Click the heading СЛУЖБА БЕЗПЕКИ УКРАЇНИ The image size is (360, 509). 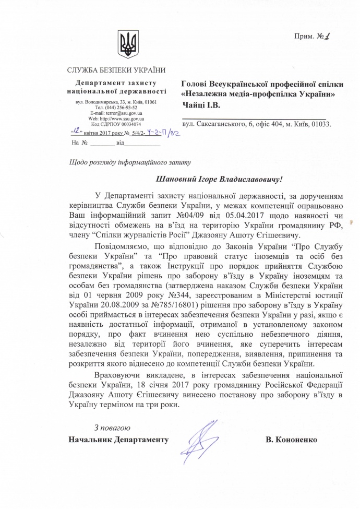tap(116, 70)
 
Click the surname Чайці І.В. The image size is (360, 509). tap(201, 105)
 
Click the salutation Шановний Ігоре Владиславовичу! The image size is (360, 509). tap(219, 179)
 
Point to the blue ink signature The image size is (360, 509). tap(200, 436)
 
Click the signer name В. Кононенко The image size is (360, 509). tap(291, 440)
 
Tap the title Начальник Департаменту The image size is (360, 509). tap(118, 440)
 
